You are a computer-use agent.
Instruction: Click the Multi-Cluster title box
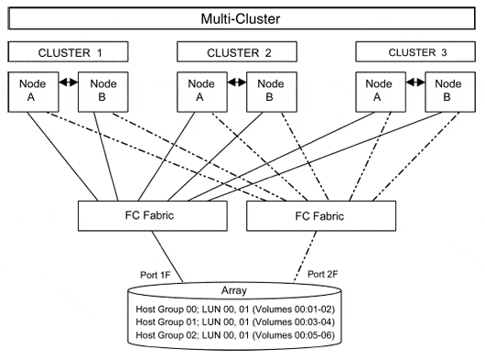[x=242, y=17]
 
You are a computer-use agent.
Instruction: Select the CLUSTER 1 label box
[x=69, y=52]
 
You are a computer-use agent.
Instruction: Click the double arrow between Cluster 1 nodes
[x=65, y=82]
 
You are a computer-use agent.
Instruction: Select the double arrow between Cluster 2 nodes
[x=232, y=82]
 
